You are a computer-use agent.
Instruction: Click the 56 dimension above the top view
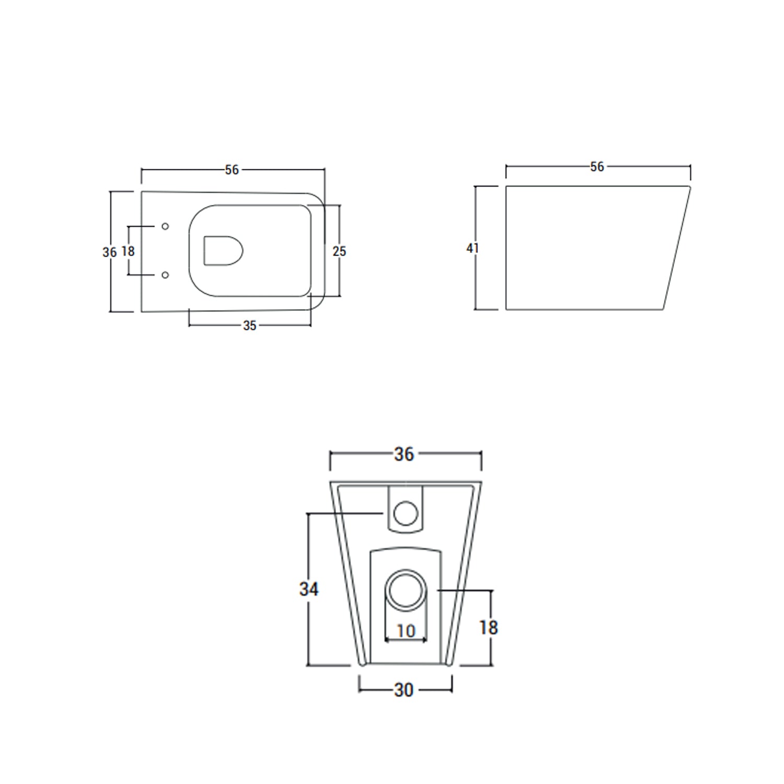point(232,170)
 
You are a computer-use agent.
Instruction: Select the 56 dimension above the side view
point(597,166)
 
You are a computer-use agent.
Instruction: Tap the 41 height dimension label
point(472,248)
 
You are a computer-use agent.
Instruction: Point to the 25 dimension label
point(339,251)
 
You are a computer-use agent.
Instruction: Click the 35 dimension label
point(249,326)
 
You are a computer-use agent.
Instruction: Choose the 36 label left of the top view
point(109,252)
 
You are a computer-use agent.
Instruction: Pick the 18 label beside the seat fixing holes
point(128,251)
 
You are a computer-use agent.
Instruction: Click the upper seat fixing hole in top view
point(165,226)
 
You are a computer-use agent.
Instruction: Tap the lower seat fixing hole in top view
point(165,275)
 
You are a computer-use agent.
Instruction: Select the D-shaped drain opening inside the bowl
point(223,251)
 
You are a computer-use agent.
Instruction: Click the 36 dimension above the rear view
point(404,455)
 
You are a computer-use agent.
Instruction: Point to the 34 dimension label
point(309,590)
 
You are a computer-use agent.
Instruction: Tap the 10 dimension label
point(406,631)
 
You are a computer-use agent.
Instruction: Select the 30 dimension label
point(404,690)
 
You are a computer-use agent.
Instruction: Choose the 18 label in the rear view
point(488,628)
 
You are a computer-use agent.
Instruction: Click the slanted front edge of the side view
point(677,248)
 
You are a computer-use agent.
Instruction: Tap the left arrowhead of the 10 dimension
point(387,639)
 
